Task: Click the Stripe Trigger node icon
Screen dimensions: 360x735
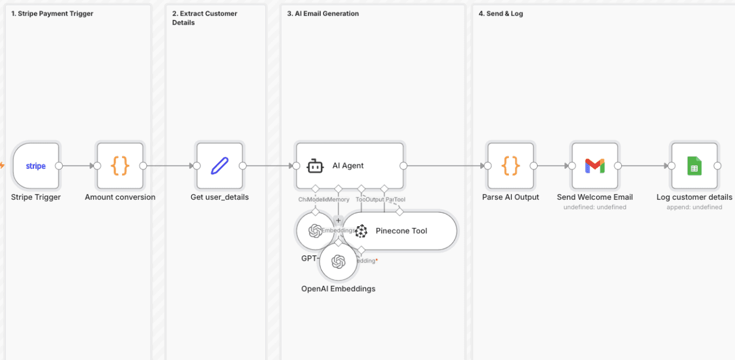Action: pyautogui.click(x=36, y=166)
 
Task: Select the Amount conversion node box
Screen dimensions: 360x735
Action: pyautogui.click(x=120, y=166)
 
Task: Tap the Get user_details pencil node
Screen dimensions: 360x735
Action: pyautogui.click(x=220, y=166)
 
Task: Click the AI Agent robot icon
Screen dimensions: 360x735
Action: pyautogui.click(x=316, y=166)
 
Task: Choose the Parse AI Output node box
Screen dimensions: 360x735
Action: pyautogui.click(x=511, y=166)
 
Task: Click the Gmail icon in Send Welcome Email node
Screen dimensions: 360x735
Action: pyautogui.click(x=595, y=166)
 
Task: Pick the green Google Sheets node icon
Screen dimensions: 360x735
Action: pyautogui.click(x=694, y=166)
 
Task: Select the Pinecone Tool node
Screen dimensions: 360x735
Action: pyautogui.click(x=401, y=231)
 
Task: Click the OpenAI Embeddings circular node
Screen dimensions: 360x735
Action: pyautogui.click(x=338, y=262)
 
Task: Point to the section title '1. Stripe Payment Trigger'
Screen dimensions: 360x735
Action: pyautogui.click(x=53, y=13)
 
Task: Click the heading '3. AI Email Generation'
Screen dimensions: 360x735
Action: pyautogui.click(x=323, y=13)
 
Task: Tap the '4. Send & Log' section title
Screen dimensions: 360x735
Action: pyautogui.click(x=501, y=13)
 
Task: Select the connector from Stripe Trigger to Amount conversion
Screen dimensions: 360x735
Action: pyautogui.click(x=78, y=166)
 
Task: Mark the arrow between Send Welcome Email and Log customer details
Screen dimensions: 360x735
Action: pyautogui.click(x=644, y=166)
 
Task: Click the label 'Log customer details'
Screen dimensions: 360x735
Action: pyautogui.click(x=694, y=197)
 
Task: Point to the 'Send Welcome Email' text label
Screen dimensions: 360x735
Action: pyautogui.click(x=595, y=197)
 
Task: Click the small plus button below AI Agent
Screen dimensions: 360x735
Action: pyautogui.click(x=338, y=220)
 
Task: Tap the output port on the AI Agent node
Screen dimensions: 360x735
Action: pyautogui.click(x=403, y=166)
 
